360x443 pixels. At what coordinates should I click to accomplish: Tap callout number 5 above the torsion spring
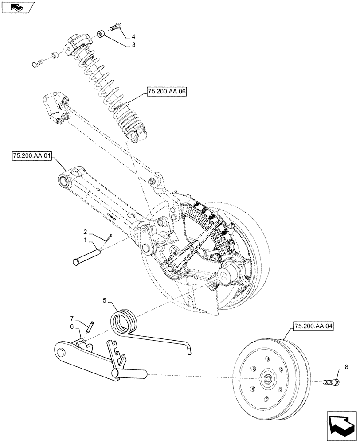105,301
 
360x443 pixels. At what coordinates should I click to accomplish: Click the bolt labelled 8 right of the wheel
332,381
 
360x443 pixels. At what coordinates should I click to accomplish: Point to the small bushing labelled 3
101,34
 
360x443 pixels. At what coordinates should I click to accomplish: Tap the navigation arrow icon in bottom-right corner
341,424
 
